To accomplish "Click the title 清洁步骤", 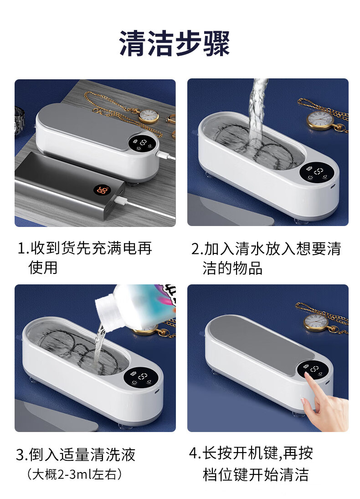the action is (x=175, y=43).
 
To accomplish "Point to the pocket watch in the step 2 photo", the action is (x=320, y=119).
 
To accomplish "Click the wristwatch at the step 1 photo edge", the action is (x=20, y=121).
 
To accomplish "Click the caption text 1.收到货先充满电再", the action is (x=85, y=248).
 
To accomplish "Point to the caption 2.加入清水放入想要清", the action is (x=266, y=248).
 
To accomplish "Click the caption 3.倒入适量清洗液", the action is (x=76, y=454).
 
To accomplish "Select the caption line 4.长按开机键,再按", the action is (x=251, y=453).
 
